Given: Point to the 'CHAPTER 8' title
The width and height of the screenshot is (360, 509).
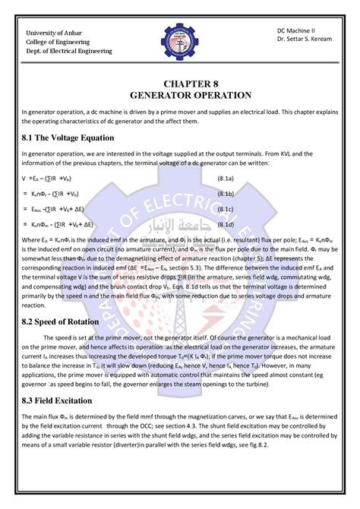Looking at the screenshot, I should tap(179, 83).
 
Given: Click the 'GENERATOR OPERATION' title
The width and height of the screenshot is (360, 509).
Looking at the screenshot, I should tap(179, 96).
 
